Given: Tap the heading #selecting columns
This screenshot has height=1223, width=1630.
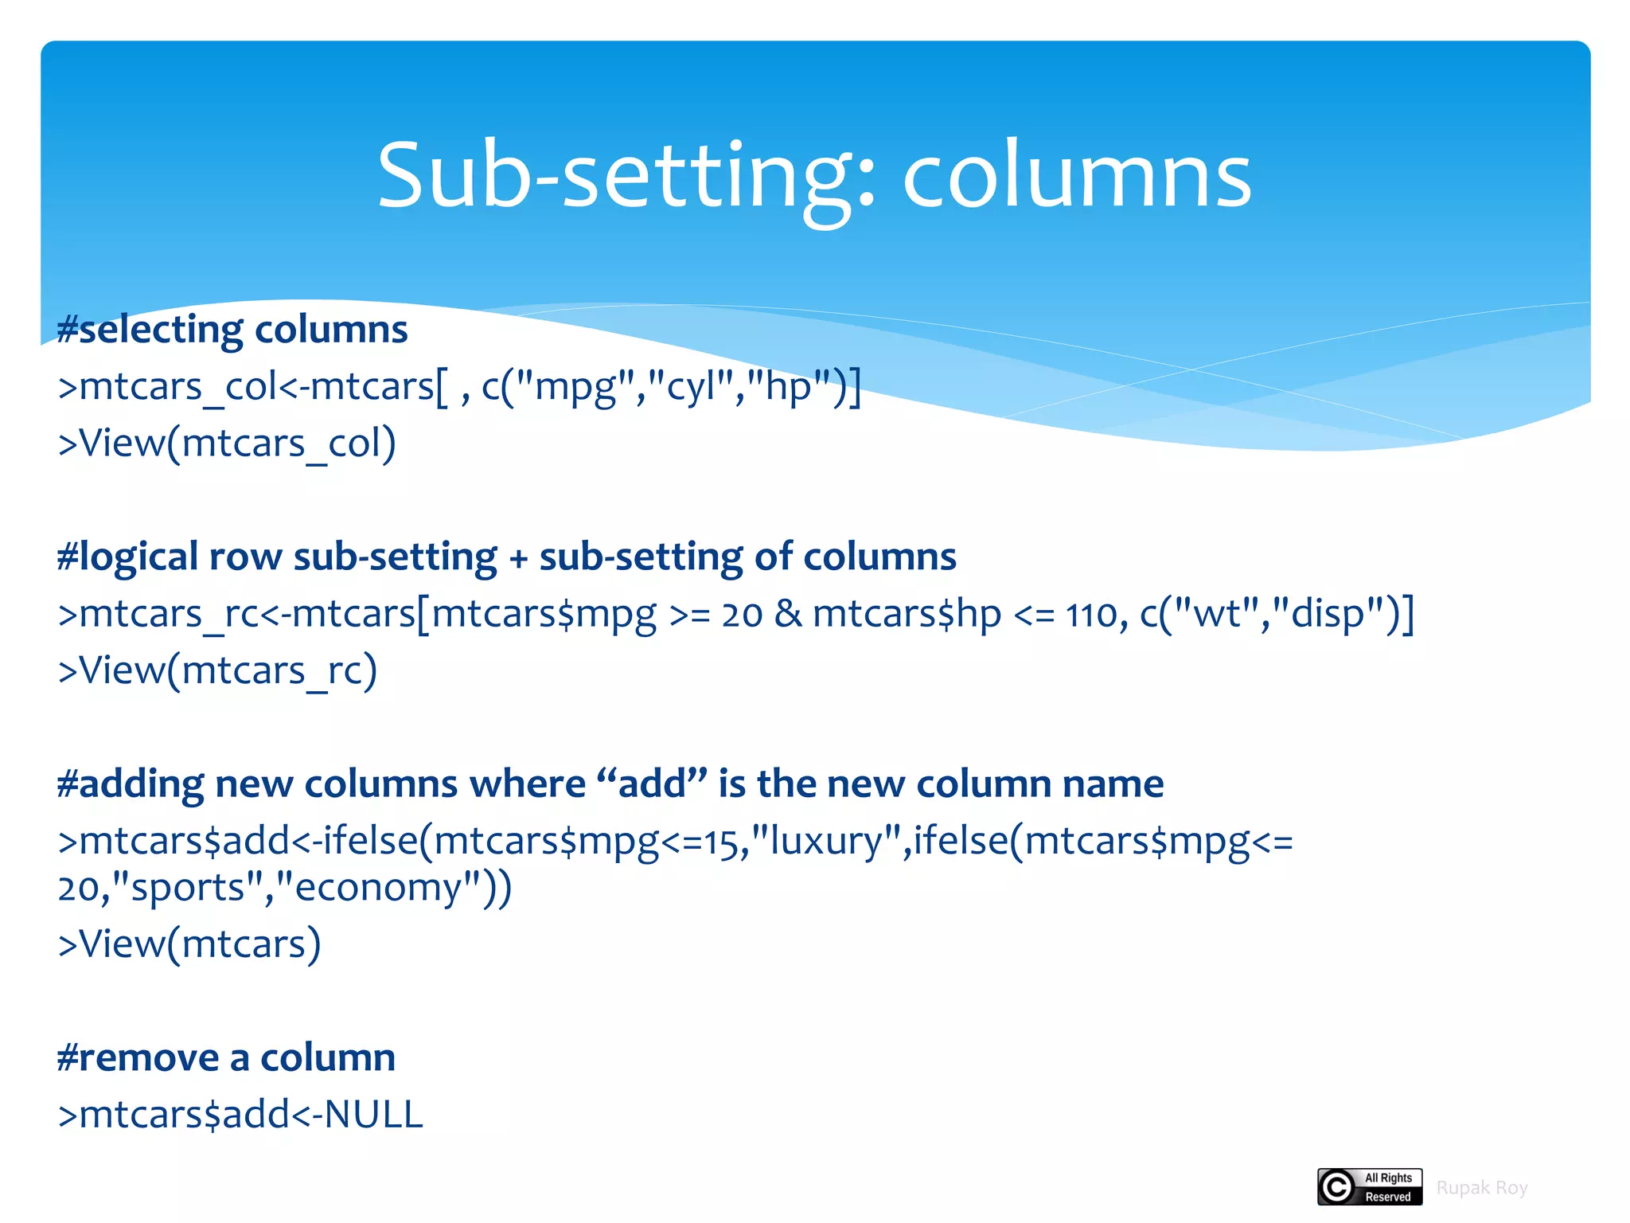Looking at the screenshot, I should [232, 329].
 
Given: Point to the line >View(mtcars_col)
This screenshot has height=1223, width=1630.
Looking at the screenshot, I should [227, 443].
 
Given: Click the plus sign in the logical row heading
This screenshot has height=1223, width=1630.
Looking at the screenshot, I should [519, 558].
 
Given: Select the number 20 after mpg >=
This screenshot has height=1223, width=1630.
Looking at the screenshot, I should [742, 615].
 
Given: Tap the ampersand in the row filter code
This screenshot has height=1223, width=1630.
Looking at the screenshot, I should [788, 614].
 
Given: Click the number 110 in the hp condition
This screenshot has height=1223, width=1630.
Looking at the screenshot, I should [1091, 615].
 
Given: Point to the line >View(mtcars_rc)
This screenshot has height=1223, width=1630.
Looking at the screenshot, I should [217, 670].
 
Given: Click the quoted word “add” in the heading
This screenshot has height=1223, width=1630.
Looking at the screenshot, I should [652, 783].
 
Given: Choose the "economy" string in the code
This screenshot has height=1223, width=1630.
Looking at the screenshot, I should [378, 888].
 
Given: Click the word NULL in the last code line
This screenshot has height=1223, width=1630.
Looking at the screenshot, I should [373, 1115].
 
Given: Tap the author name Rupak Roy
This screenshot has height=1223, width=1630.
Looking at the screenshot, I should [1482, 1188].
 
